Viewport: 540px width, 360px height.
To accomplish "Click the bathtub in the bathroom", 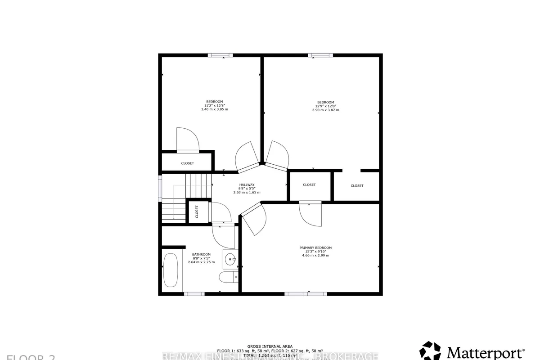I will [x=170, y=270].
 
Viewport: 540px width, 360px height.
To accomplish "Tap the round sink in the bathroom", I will [x=230, y=259].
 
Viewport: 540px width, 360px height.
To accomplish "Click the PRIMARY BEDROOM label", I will [x=315, y=248].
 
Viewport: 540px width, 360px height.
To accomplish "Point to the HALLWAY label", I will [x=247, y=185].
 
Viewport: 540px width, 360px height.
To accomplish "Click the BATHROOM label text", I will [x=201, y=255].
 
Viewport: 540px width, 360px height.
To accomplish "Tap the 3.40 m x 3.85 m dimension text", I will [x=214, y=109].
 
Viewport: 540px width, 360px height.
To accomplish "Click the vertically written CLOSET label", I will [x=197, y=211].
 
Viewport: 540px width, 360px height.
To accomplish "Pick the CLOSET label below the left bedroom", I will [x=187, y=163].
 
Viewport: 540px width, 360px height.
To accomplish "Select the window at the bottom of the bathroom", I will [x=193, y=294].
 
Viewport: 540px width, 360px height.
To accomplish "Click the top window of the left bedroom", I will [x=220, y=55].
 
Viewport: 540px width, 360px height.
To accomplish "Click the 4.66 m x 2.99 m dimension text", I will [x=315, y=256].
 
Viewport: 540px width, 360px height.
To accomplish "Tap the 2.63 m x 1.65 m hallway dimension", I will [x=247, y=192].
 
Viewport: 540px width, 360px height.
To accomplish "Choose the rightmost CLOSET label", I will [x=357, y=185].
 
